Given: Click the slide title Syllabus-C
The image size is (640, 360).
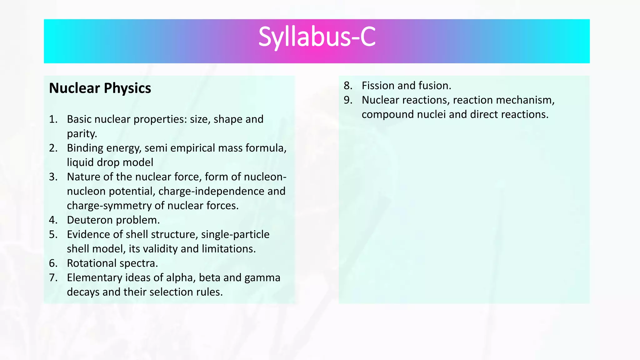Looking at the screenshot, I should pos(317,37).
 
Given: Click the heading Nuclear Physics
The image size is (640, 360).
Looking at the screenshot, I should pos(100,88).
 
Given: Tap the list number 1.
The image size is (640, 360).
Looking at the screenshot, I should pos(53,119).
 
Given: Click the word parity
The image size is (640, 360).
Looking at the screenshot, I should pos(82,134).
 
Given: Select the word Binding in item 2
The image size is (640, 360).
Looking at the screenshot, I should pos(85,148).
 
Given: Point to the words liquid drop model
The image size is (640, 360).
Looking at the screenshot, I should pos(110,162).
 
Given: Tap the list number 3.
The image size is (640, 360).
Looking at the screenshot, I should pos(53,177).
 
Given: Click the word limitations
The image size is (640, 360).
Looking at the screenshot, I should pos(228,249).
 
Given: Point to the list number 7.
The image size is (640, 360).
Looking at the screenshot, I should pos(53,278).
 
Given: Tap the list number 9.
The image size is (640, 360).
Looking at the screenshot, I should pos(348,100).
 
